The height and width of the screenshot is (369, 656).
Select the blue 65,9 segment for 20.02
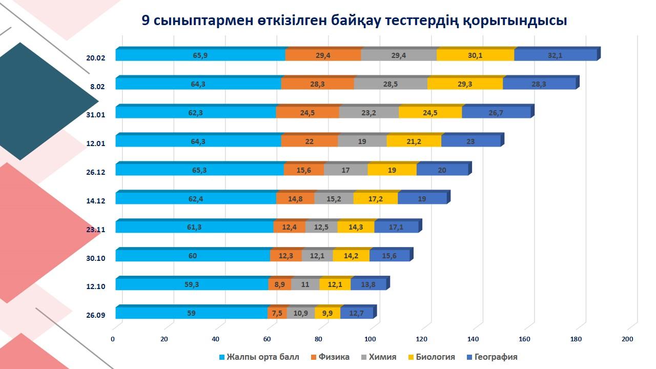coord(200,55)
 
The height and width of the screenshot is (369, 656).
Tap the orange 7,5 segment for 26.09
coord(277,313)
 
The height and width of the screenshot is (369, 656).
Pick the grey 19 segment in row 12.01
coord(362,141)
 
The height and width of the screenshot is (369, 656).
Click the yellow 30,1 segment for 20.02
coord(475,55)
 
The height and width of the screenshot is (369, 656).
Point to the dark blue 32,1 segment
coord(555,55)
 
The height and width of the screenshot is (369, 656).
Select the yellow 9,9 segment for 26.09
coord(327,313)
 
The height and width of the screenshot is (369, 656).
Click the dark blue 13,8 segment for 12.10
coord(368,284)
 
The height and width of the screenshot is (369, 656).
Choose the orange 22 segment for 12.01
coord(309,141)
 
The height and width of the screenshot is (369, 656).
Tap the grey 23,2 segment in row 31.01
coord(368,113)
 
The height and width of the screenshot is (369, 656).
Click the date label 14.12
coord(95,201)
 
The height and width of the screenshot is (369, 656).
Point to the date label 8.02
coord(97,87)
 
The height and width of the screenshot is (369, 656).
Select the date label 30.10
coord(95,258)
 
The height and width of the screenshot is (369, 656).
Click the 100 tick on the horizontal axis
coord(370,339)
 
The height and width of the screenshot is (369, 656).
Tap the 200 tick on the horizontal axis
coord(627,339)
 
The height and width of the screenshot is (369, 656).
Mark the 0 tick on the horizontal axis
coord(113,339)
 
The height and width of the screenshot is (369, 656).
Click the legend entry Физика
coord(334,357)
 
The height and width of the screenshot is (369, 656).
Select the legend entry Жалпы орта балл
coord(262,357)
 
